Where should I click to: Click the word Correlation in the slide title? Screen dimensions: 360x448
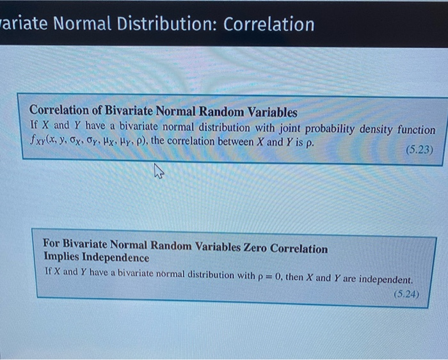(x=269, y=24)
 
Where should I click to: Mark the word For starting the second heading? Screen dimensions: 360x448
(x=52, y=245)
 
